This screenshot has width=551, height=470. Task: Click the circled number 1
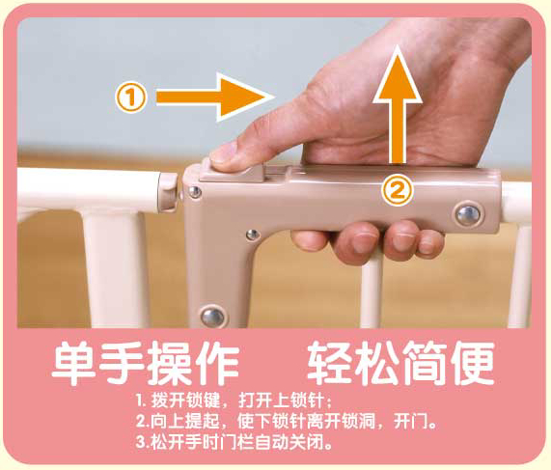pyautogui.click(x=130, y=97)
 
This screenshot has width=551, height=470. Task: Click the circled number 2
pyautogui.click(x=397, y=191)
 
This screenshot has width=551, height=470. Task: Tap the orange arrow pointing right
pyautogui.click(x=215, y=97)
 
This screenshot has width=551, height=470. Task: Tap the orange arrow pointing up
pyautogui.click(x=398, y=105)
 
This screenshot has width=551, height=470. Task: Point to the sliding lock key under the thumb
pyautogui.click(x=232, y=171)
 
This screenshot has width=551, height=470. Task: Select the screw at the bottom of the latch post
pyautogui.click(x=212, y=317)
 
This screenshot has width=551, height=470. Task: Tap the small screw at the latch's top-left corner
pyautogui.click(x=194, y=192)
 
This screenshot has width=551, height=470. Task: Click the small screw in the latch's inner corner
pyautogui.click(x=252, y=235)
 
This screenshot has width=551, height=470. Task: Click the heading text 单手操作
pyautogui.click(x=146, y=363)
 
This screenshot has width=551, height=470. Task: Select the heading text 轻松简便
pyautogui.click(x=400, y=363)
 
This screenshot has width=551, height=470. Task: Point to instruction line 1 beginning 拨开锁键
pyautogui.click(x=234, y=401)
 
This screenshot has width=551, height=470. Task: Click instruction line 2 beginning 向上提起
pyautogui.click(x=287, y=421)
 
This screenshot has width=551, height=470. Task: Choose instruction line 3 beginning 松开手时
pyautogui.click(x=234, y=441)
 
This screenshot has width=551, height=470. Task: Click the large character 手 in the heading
pyautogui.click(x=122, y=363)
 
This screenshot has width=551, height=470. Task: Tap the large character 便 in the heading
pyautogui.click(x=473, y=363)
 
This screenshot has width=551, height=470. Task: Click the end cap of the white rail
pyautogui.click(x=168, y=192)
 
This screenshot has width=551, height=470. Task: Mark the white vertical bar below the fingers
pyautogui.click(x=372, y=292)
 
